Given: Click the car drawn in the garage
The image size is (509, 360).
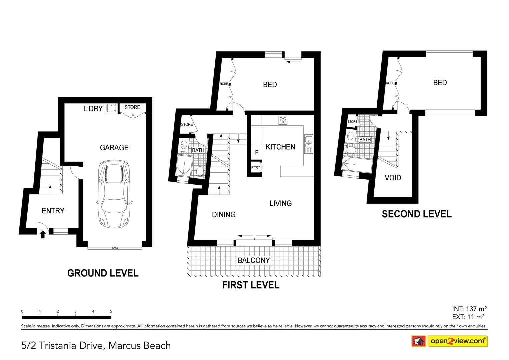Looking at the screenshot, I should (x=114, y=194).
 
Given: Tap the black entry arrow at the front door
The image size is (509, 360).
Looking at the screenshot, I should (x=43, y=234).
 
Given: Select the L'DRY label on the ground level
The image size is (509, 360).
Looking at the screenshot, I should (x=93, y=109).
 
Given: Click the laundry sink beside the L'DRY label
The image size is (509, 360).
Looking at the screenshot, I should (x=111, y=108).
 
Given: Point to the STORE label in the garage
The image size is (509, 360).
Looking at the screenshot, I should (x=132, y=107).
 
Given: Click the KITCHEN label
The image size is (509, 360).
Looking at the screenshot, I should (x=280, y=147).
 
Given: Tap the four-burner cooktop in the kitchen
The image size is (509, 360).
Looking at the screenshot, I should (x=283, y=120).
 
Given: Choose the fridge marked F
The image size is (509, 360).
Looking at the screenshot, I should (x=256, y=152).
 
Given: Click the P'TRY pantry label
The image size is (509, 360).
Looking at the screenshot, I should (x=255, y=167).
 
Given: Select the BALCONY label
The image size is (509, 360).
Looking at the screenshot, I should (x=254, y=260).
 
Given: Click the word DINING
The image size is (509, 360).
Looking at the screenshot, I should (x=224, y=215).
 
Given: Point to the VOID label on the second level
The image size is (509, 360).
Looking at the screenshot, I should (x=393, y=178).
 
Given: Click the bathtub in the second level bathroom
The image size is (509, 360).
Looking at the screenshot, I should (x=357, y=166).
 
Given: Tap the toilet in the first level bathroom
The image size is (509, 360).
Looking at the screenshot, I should (x=200, y=171).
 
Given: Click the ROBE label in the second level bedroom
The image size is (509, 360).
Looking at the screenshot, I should (x=390, y=83).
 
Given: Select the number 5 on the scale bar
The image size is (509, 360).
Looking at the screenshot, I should (x=111, y=311).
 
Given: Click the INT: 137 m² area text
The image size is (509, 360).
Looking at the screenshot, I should (x=469, y=309).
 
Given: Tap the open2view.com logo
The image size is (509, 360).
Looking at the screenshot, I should (x=457, y=341).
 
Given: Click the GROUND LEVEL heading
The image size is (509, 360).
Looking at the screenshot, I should (x=103, y=273).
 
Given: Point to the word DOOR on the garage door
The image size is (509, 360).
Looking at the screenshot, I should (x=115, y=248).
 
